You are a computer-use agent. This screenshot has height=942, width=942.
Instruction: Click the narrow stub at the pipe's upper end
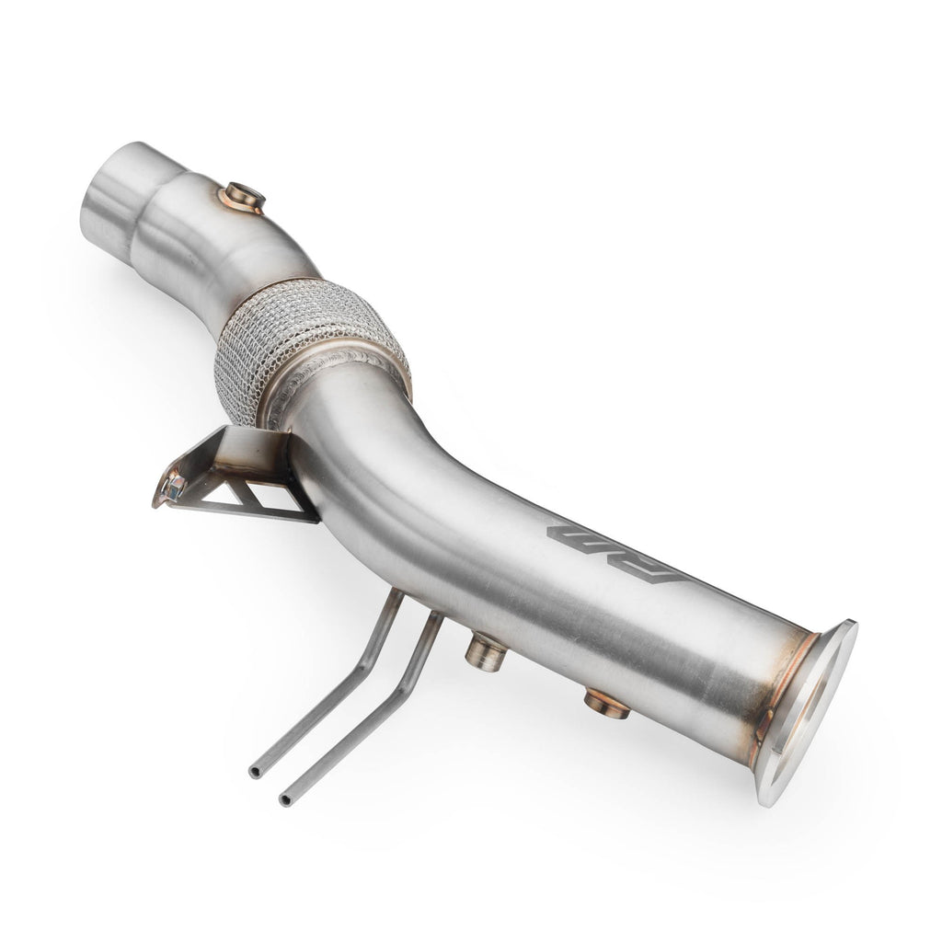[116, 202]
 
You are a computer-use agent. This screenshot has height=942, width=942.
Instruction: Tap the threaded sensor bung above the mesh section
[244, 197]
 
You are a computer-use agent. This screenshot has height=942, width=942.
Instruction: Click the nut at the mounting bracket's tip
[170, 485]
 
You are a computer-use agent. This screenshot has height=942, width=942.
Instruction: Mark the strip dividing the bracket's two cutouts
[250, 497]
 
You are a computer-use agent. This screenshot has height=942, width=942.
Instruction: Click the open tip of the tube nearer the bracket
[255, 772]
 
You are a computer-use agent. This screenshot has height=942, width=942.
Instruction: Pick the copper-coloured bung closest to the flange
[606, 704]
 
